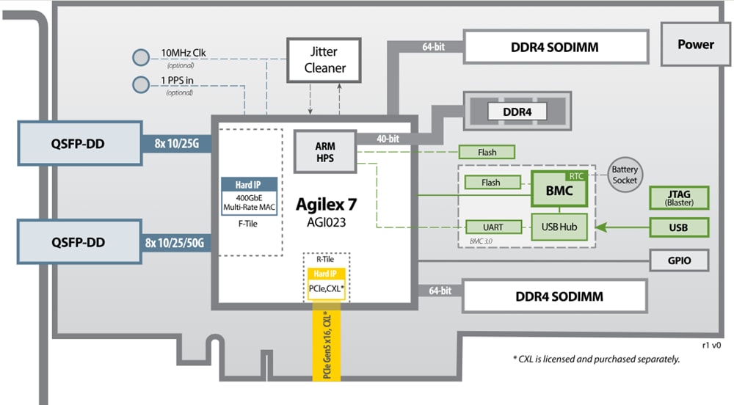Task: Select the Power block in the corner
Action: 695,44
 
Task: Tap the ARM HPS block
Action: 324,152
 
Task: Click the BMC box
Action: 559,192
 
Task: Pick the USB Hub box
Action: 559,227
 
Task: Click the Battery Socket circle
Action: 625,175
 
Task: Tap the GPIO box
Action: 679,260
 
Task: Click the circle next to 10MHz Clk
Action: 141,57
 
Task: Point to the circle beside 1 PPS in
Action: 141,84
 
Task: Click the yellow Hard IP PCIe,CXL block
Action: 327,283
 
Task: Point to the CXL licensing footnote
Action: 595,359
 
